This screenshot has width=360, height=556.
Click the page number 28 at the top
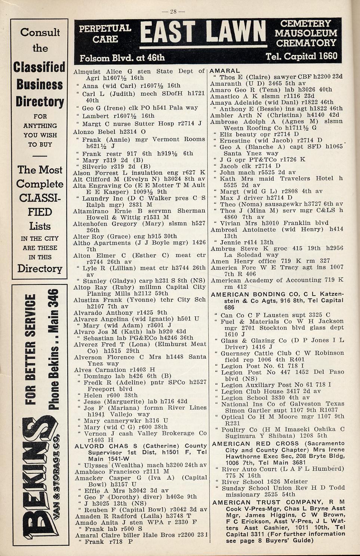click(x=175, y=11)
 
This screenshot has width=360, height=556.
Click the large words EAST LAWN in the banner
click(x=204, y=32)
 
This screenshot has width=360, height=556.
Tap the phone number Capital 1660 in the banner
click(x=301, y=56)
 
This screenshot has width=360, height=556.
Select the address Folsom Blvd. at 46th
click(x=122, y=58)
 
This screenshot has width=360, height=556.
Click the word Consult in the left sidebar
click(x=40, y=33)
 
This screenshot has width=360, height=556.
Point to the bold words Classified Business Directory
click(x=40, y=85)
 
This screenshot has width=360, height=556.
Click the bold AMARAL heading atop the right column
click(x=225, y=71)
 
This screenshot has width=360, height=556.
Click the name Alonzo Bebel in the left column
click(x=94, y=132)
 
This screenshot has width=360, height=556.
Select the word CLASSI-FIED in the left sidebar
click(x=40, y=205)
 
